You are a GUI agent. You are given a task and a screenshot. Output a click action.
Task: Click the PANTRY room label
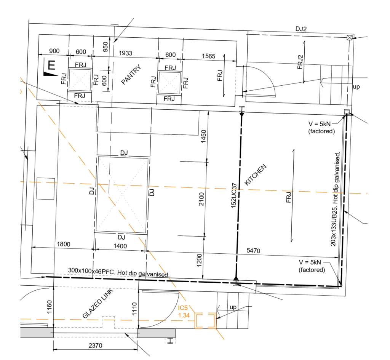pos(131,74)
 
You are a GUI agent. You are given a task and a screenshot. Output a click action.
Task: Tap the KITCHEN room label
pos(256,174)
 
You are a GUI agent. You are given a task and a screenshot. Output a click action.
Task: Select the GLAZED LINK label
pos(98,304)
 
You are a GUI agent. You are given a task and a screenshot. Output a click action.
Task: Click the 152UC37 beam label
pos(234,195)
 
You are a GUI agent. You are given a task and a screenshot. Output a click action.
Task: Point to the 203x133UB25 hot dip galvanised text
pos(335,199)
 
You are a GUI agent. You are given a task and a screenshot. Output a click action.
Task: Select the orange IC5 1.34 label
pos(184,312)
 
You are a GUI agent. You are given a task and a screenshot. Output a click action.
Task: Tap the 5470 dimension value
pos(253,250)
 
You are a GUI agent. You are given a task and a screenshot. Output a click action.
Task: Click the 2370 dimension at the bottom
pos(95,346)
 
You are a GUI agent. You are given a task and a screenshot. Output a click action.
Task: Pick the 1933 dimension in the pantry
pos(125,53)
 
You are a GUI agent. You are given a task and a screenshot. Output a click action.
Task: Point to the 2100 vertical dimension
pos(201,199)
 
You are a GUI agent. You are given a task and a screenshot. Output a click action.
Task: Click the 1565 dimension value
pos(208,56)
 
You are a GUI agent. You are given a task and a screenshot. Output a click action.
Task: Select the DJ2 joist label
pos(301,29)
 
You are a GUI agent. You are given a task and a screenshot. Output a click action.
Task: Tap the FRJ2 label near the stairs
pos(300,62)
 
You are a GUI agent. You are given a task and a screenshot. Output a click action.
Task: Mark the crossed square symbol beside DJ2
pos(350,38)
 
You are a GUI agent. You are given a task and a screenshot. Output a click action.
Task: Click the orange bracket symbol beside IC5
pos(205,321)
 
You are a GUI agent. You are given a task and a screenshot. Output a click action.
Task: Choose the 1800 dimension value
pos(64,244)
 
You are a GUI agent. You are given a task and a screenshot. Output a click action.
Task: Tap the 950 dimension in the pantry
pos(105,47)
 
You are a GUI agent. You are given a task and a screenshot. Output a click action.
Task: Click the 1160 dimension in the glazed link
pos(49,307)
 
